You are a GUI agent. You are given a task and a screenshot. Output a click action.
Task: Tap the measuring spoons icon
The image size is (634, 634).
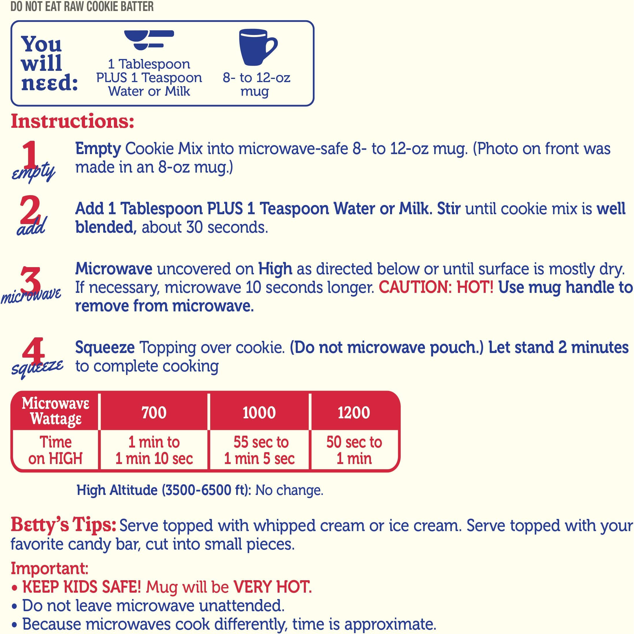[149, 40]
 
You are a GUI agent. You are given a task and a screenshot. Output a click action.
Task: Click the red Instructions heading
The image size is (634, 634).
[73, 121]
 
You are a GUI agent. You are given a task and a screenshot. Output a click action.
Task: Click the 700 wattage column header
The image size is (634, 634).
[154, 412]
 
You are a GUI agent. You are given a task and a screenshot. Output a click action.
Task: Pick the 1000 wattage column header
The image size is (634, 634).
[259, 412]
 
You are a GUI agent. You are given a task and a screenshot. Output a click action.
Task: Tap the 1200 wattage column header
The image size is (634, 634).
[354, 412]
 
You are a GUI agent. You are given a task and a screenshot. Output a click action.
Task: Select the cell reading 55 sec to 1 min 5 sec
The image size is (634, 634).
[259, 450]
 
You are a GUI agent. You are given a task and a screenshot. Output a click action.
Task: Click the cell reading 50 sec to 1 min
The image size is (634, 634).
[354, 450]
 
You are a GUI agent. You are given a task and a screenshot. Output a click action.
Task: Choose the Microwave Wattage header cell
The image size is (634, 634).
[56, 411]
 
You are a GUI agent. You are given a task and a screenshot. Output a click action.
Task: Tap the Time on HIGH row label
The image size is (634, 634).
[55, 450]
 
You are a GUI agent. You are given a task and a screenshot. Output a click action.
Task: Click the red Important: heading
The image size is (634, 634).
[49, 568]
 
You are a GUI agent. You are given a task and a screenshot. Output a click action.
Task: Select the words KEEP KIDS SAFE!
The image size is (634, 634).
[82, 587]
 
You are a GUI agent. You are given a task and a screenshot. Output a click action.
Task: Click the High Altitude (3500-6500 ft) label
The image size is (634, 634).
[164, 490]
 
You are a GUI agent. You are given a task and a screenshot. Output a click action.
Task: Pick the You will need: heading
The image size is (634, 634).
[49, 63]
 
